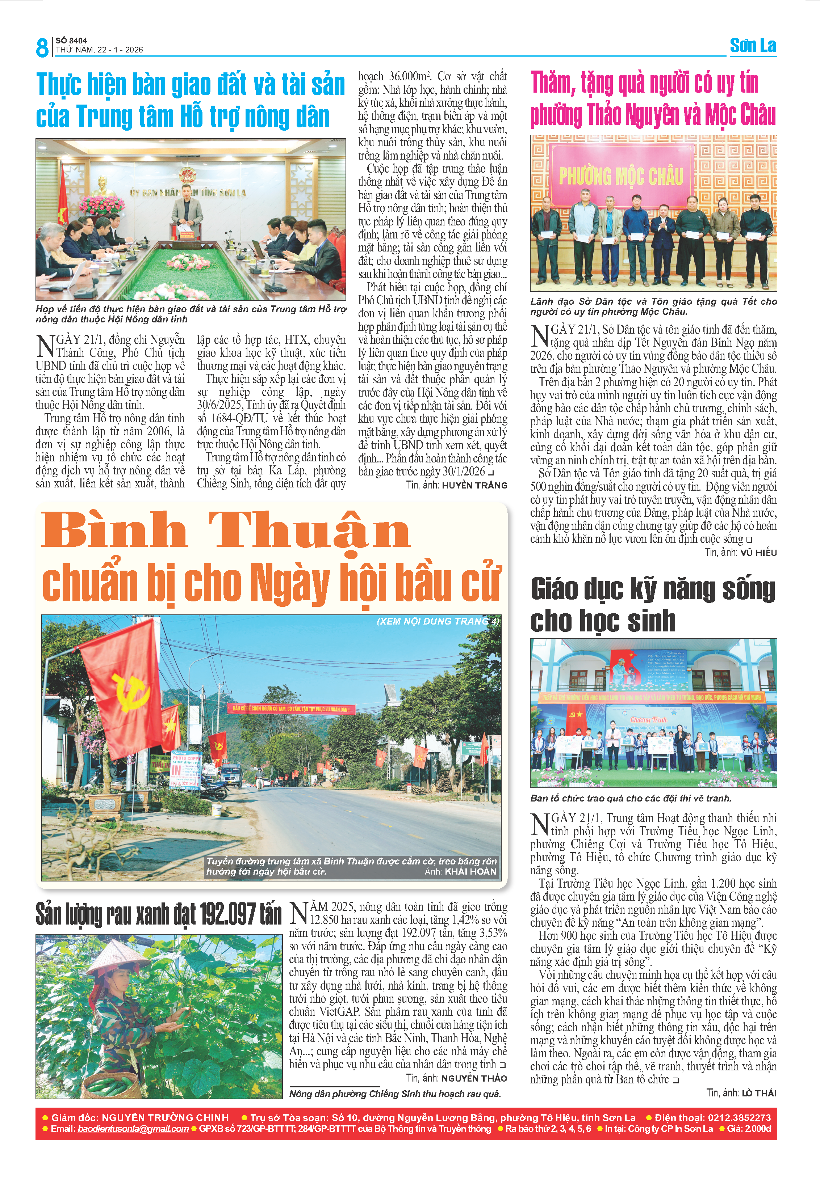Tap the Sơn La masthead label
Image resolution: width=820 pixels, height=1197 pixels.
(753, 46)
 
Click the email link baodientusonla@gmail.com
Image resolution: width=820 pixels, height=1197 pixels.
(133, 1129)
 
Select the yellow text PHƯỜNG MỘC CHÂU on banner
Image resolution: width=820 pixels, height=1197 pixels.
(621, 176)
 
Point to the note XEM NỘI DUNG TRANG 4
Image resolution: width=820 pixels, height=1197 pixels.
(438, 621)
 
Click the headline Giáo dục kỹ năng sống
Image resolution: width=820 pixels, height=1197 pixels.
(653, 589)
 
